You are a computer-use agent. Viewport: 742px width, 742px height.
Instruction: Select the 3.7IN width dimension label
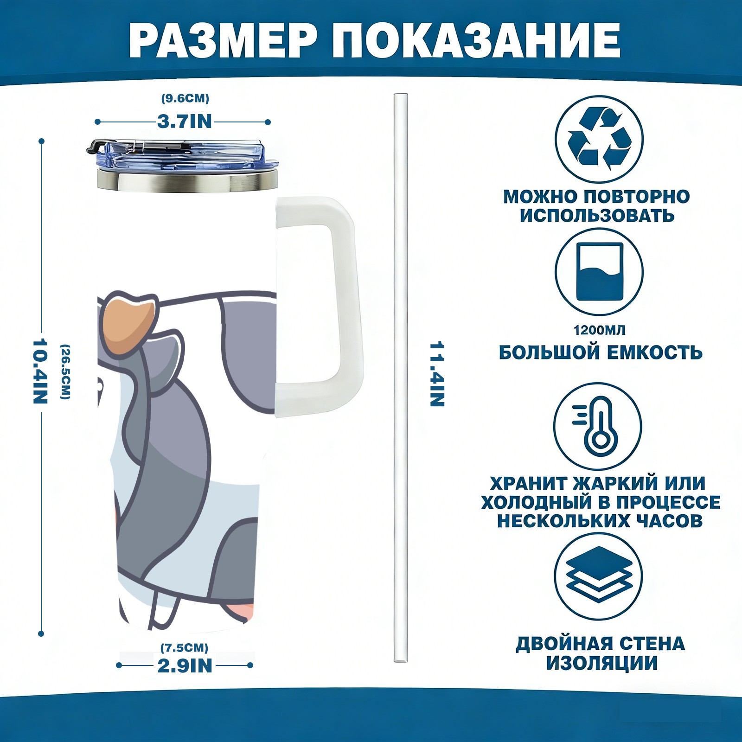click(184, 122)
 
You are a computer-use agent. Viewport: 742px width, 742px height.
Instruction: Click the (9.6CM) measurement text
click(185, 98)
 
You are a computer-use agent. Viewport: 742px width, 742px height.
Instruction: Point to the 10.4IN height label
click(40, 371)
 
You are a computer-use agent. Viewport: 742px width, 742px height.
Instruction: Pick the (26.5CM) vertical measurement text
click(65, 371)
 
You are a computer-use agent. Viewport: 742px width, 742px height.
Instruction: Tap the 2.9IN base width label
click(185, 666)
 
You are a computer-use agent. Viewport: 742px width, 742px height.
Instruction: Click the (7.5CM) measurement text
click(185, 647)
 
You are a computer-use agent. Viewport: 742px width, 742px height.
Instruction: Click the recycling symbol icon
click(599, 139)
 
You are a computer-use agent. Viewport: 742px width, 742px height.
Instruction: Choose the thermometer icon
click(598, 426)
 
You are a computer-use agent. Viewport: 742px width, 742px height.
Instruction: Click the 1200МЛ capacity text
click(599, 330)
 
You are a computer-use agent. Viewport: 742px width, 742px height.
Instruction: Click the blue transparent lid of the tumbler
click(183, 154)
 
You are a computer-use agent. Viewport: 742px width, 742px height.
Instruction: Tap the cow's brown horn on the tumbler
click(129, 322)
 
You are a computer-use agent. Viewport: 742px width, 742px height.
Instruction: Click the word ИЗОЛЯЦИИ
click(601, 663)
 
